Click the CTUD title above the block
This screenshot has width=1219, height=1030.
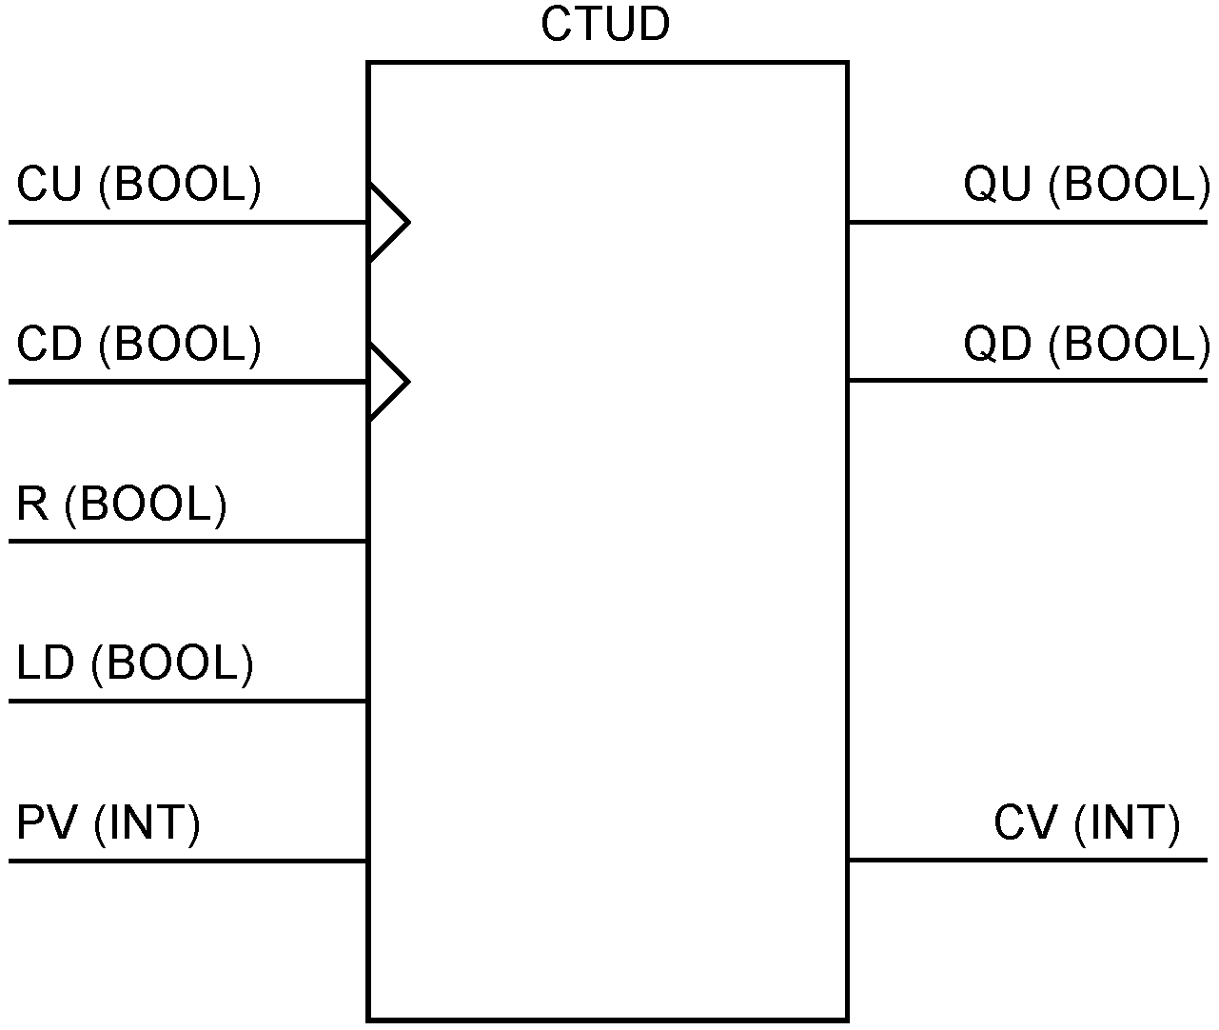click(605, 25)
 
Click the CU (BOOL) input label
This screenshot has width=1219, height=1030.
click(139, 185)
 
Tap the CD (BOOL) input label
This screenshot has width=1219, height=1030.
click(139, 345)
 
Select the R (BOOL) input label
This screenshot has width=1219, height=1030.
click(122, 505)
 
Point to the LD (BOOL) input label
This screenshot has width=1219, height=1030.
click(135, 664)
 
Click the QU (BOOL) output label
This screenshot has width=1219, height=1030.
click(1086, 185)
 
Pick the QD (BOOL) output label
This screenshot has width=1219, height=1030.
click(1086, 345)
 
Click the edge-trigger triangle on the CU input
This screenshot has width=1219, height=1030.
click(385, 223)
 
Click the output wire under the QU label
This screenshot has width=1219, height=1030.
click(1028, 223)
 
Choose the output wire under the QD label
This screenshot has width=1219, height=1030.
click(1028, 381)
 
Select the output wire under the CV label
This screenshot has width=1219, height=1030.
click(1028, 861)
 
